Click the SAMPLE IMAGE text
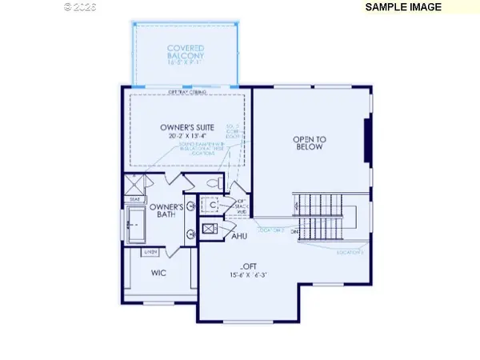coord(415,7)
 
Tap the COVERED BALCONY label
coord(186,52)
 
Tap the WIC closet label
coord(158,273)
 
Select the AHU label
coord(238,237)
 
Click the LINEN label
coord(149,252)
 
